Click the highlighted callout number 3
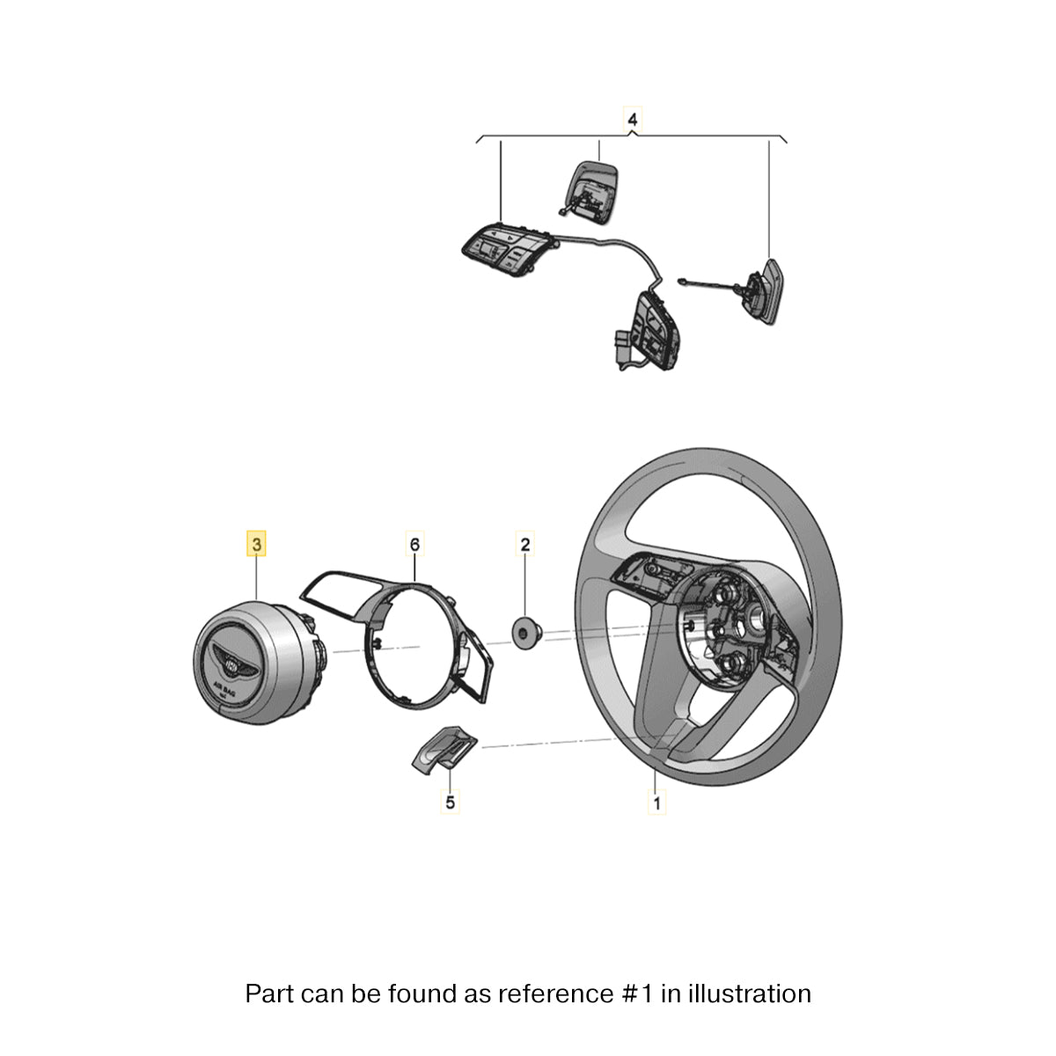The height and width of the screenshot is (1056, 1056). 256,544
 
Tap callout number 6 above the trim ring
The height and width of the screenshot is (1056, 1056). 414,544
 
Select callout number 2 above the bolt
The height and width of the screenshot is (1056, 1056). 524,544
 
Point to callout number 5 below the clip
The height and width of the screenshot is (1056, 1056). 450,803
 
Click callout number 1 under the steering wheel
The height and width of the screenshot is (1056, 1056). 656,803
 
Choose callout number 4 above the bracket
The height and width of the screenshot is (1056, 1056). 633,120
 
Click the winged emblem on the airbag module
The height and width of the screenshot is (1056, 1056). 235,664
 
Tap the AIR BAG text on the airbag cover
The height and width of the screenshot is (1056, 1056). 224,687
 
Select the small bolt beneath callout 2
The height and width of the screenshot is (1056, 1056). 527,633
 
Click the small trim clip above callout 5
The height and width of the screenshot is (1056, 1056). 444,751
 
